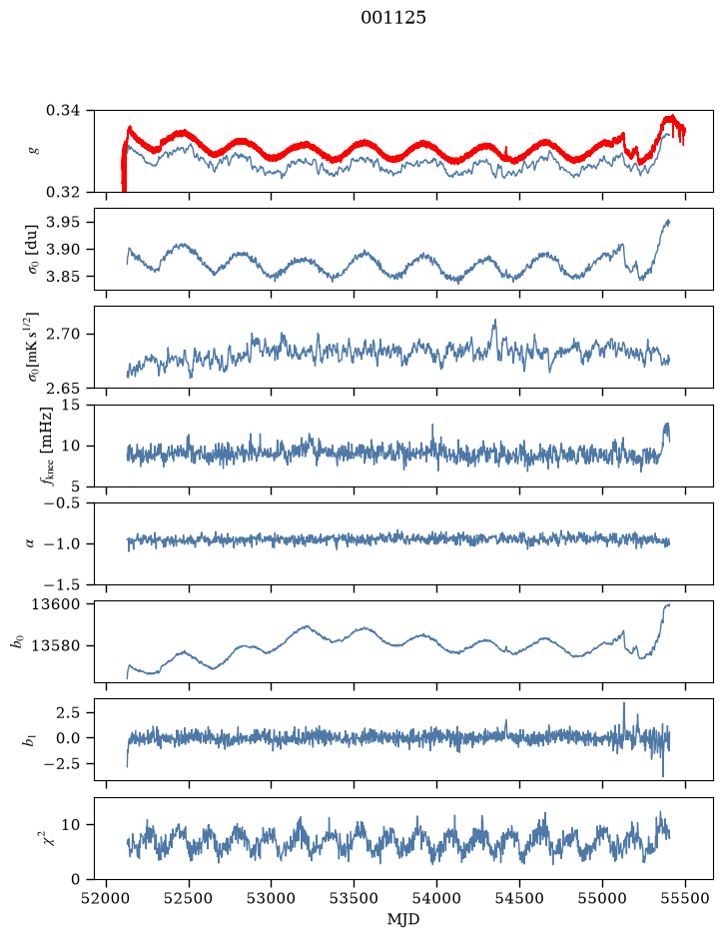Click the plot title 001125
tap(392, 18)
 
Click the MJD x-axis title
tap(403, 919)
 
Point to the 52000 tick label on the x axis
tap(107, 898)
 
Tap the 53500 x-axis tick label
tap(355, 898)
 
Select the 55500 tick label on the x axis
tap(685, 898)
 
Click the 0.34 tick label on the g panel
tap(62, 111)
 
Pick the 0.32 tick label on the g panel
tap(62, 192)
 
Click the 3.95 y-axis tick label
tap(62, 222)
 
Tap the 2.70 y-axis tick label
tap(62, 334)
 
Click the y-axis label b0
tap(17, 642)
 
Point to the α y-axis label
tap(30, 543)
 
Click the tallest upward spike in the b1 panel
tap(624, 703)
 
